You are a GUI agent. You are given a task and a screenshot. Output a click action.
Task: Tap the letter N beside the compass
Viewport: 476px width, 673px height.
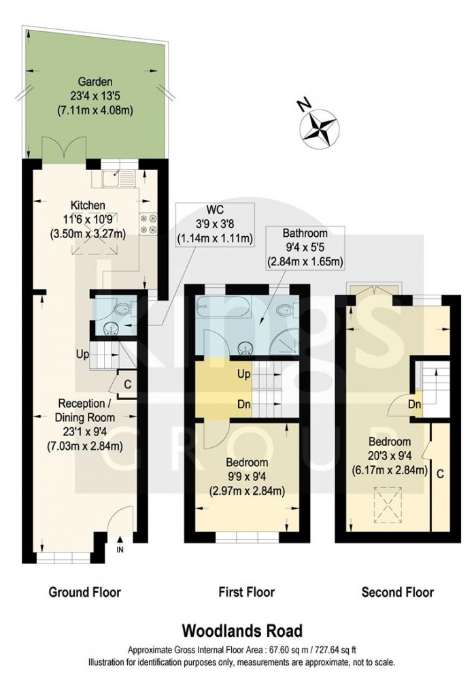tap(304, 105)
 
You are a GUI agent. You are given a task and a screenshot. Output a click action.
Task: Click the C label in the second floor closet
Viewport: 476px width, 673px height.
tap(441, 472)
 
